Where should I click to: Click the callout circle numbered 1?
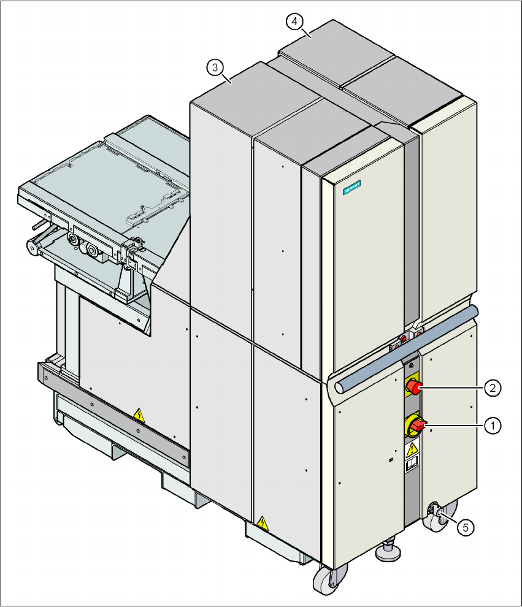491,424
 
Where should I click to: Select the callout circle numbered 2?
491,387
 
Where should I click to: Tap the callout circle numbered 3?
214,68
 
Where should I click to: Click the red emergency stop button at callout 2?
414,387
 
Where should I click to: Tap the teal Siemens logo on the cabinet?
351,188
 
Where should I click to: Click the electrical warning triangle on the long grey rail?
140,416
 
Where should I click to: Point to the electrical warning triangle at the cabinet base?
263,523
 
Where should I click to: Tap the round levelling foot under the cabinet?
389,552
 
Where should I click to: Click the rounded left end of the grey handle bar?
339,387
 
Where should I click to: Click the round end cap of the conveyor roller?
31,247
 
